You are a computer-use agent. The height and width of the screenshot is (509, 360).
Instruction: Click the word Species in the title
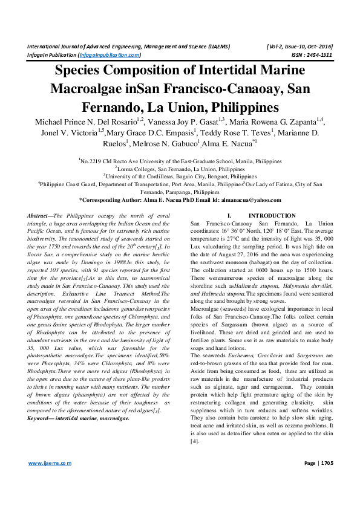(81, 71)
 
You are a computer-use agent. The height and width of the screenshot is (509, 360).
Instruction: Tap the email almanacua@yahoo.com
(251, 199)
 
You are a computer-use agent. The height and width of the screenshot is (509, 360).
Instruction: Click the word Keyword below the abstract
(41, 400)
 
